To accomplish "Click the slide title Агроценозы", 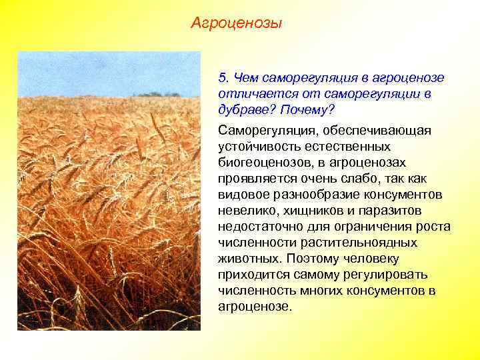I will pyautogui.click(x=236, y=24).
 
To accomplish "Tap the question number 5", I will pyautogui.click(x=223, y=78).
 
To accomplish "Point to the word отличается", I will pyautogui.click(x=249, y=93).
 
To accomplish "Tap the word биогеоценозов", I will pyautogui.click(x=259, y=163).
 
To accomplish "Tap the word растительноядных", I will pyautogui.click(x=359, y=243).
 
